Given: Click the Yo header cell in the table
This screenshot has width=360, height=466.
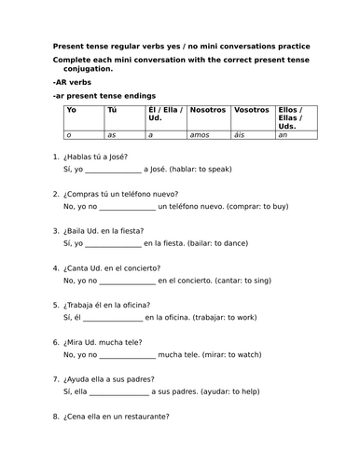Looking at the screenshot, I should pyautogui.click(x=70, y=110).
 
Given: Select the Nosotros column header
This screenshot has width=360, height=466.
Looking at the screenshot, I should pyautogui.click(x=207, y=110).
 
